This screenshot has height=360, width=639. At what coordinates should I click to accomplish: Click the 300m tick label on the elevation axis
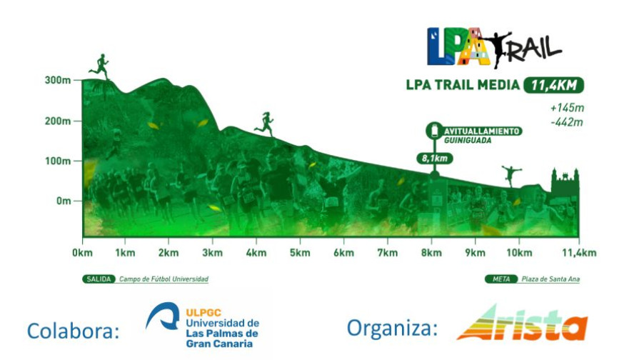click(x=57, y=80)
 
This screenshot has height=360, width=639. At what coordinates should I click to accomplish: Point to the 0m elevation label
click(x=64, y=201)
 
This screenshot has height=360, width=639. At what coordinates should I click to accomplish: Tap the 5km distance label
click(x=300, y=253)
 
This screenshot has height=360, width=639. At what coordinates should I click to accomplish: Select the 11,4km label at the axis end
click(x=579, y=253)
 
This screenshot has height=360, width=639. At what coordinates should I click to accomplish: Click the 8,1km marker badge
click(x=435, y=158)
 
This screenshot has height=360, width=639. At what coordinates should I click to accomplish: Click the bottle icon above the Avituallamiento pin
click(x=434, y=131)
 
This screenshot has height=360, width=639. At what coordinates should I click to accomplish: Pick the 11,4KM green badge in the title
click(x=553, y=85)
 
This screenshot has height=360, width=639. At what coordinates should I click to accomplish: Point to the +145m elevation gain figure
click(x=567, y=108)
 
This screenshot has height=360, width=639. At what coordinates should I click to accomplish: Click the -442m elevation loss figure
click(x=567, y=122)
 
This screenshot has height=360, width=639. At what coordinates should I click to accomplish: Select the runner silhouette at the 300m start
click(x=100, y=66)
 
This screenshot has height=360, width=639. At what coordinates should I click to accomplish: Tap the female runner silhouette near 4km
click(x=265, y=124)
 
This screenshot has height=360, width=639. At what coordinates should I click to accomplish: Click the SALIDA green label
click(x=99, y=279)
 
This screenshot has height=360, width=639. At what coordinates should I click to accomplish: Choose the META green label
click(x=501, y=279)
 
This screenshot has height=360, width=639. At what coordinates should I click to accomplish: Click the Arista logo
click(x=523, y=324)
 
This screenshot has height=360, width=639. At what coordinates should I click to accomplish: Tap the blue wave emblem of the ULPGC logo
click(x=163, y=316)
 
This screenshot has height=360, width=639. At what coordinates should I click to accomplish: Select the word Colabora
click(x=74, y=330)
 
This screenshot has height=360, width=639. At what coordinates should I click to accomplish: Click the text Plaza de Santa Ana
click(x=550, y=279)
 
